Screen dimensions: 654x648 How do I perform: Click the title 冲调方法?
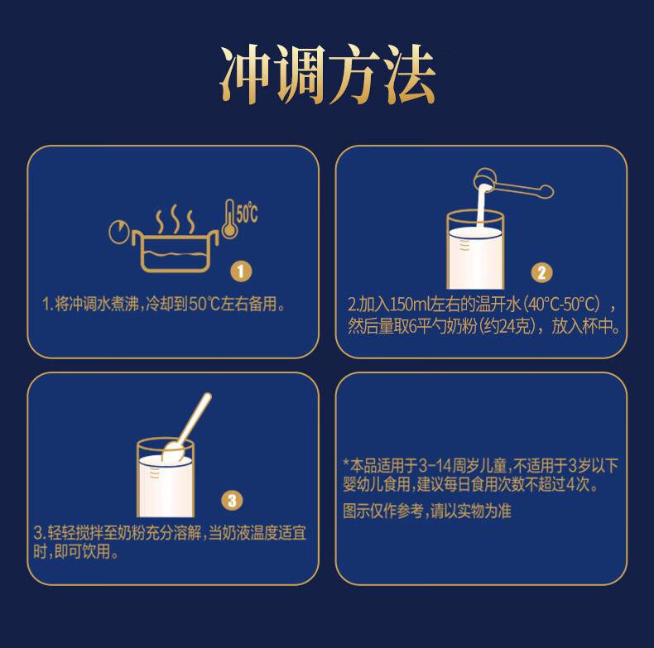click(x=328, y=75)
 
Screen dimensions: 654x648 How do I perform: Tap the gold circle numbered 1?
click(x=241, y=272)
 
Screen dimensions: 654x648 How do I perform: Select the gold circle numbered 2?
click(x=541, y=272)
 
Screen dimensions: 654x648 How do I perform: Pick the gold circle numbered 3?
click(x=232, y=501)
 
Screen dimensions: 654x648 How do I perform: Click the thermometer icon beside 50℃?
click(x=229, y=218)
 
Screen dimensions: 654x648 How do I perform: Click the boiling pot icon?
click(x=176, y=251)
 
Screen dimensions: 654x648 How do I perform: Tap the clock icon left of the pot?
click(x=119, y=232)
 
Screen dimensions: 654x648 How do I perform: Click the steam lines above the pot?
click(x=175, y=219)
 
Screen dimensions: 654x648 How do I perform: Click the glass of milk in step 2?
click(x=475, y=250)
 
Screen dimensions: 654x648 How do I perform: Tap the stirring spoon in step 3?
click(x=187, y=426)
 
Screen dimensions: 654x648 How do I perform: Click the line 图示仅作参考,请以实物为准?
click(x=426, y=511)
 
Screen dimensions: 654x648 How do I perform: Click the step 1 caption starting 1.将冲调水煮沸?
click(x=165, y=304)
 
